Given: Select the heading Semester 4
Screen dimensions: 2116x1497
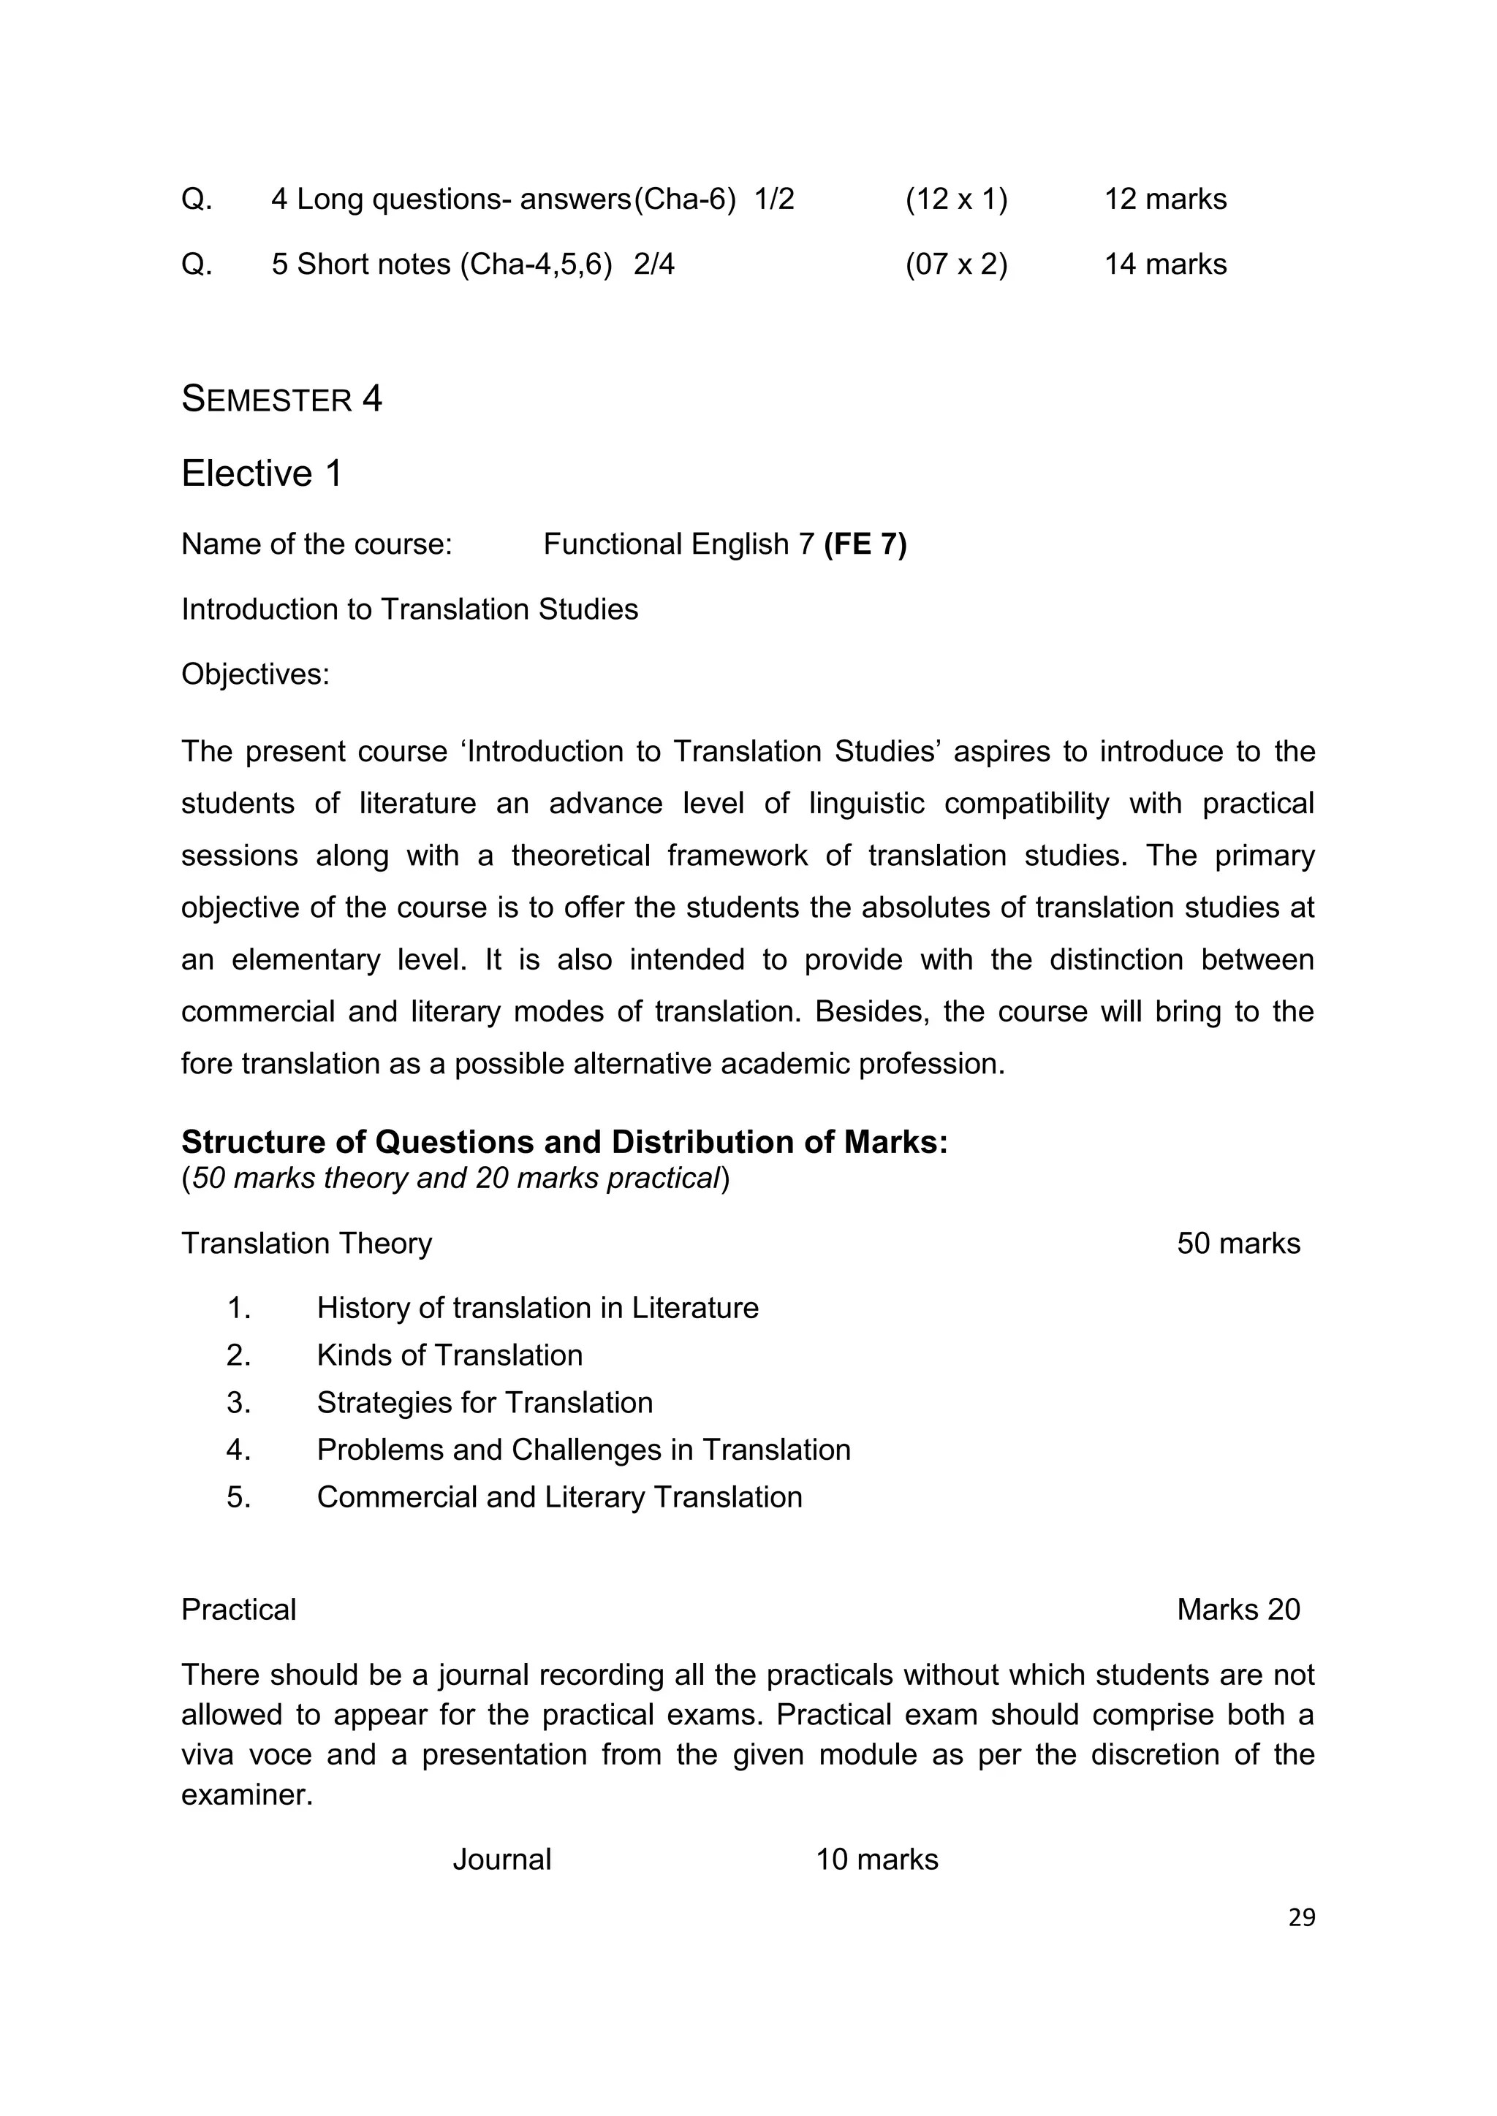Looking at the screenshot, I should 281,399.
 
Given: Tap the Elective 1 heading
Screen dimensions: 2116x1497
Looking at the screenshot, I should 262,473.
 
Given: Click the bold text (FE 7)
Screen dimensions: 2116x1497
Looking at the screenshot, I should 865,544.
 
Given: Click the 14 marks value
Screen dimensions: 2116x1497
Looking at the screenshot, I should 1165,264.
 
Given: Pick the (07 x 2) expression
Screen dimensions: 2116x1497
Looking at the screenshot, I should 956,264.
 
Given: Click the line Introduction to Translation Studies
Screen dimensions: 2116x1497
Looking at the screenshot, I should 409,609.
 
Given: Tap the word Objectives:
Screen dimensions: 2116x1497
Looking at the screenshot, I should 255,674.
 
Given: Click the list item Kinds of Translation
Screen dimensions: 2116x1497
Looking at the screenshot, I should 449,1355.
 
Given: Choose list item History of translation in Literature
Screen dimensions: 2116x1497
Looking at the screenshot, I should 537,1308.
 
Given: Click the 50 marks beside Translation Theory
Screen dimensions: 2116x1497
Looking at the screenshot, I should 1238,1244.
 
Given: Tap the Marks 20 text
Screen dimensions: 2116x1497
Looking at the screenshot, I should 1238,1609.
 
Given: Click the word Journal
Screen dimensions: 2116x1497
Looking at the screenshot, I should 501,1859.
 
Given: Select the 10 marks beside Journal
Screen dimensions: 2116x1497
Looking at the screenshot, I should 876,1859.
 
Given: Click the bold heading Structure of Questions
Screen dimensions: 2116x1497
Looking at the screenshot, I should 564,1142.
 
